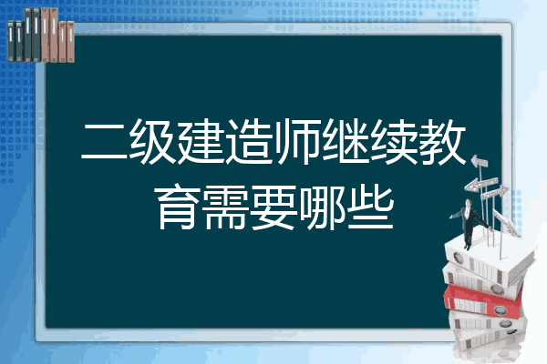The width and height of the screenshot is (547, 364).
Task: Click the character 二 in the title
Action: click(x=104, y=142)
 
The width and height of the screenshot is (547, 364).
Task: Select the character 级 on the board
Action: click(x=152, y=141)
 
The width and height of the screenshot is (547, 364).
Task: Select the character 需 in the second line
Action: click(x=226, y=207)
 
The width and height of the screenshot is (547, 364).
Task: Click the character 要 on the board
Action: click(x=273, y=207)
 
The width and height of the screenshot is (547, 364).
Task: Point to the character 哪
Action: click(x=322, y=207)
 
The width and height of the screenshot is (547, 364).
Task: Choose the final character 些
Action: click(x=370, y=207)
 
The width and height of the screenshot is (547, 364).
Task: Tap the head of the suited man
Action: click(x=469, y=202)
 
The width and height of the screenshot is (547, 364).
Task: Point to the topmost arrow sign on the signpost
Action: click(x=480, y=161)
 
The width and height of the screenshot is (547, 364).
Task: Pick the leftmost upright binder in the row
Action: click(x=11, y=42)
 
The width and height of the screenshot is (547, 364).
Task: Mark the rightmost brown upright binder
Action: click(x=71, y=42)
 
